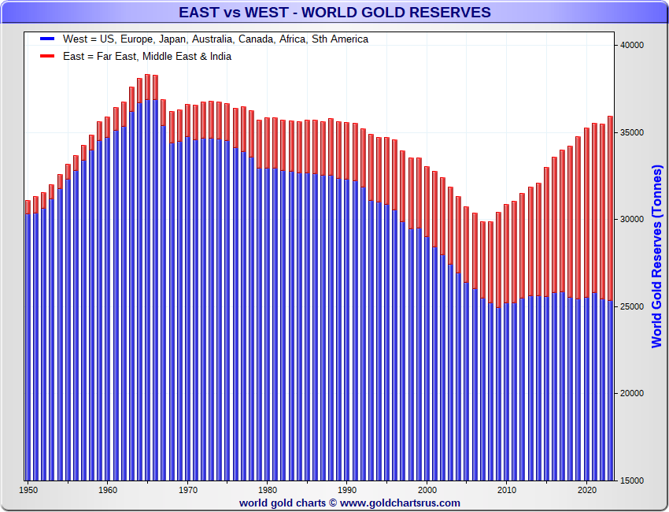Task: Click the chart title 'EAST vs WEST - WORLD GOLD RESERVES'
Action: [334, 12]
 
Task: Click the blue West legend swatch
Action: [47, 39]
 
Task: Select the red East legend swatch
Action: [47, 56]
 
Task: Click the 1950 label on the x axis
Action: [28, 491]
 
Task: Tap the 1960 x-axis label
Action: [108, 491]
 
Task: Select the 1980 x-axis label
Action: [268, 491]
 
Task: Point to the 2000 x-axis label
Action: [427, 491]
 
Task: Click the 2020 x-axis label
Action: [586, 491]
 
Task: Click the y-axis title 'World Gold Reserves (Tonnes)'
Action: [657, 256]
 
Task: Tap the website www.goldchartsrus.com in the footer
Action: [400, 503]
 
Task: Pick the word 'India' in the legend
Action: [217, 56]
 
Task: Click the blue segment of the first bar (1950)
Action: [28, 347]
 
